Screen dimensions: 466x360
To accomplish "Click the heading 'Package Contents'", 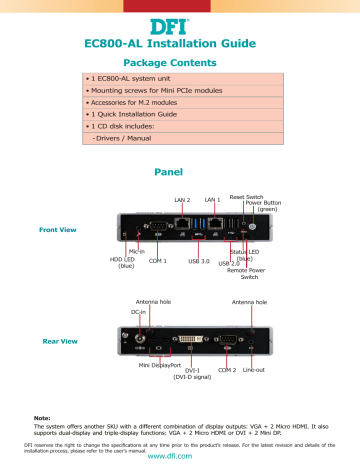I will click(x=179, y=63).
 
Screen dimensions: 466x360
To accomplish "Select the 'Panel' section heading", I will click(x=179, y=172).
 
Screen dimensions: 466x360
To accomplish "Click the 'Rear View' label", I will click(x=55, y=342).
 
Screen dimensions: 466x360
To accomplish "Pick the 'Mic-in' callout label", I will click(x=136, y=251).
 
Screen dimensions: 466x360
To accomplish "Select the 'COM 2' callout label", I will click(x=226, y=370).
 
